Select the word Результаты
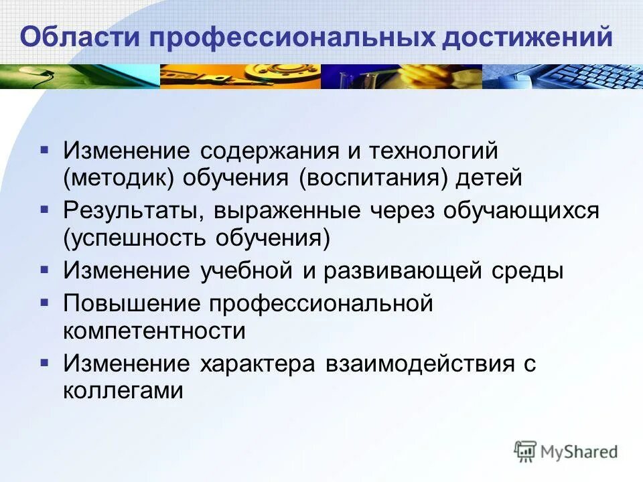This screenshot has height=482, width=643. coord(135,211)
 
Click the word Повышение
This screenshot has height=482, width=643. coord(132,303)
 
